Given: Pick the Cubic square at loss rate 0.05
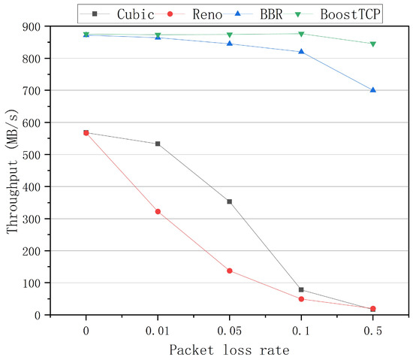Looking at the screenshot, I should click(229, 201).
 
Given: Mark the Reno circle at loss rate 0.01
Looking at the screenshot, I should click(158, 212).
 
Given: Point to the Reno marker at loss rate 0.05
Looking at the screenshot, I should click(229, 271).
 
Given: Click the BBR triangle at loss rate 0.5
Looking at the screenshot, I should click(372, 90).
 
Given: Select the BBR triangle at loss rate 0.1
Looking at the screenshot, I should click(301, 51).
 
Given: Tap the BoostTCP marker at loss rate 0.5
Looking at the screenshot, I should click(372, 44).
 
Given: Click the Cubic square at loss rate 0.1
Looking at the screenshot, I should click(301, 290).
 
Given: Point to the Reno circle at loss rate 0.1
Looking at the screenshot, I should click(301, 299).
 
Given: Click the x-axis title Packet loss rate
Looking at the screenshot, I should click(229, 349).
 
